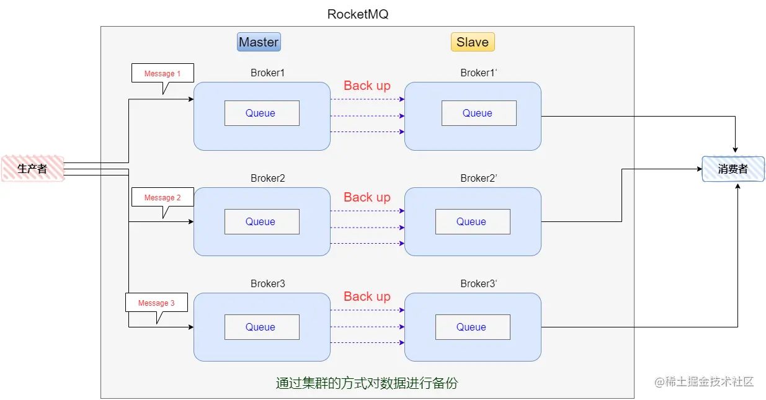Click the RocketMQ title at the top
click(358, 14)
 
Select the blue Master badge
click(259, 42)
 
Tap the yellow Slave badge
click(473, 42)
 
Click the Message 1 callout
click(163, 73)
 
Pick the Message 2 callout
click(163, 197)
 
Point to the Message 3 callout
click(156, 303)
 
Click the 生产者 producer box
click(32, 169)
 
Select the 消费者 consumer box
click(733, 169)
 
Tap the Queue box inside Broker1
click(261, 113)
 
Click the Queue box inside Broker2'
click(472, 221)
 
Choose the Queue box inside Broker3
click(261, 327)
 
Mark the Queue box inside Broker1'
click(478, 113)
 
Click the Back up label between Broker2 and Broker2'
click(367, 197)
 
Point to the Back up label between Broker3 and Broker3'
click(367, 296)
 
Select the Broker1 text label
click(267, 73)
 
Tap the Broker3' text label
click(479, 283)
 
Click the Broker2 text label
click(267, 178)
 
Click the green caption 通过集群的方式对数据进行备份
click(367, 383)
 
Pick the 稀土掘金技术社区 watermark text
click(710, 381)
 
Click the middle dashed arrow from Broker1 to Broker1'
click(367, 116)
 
